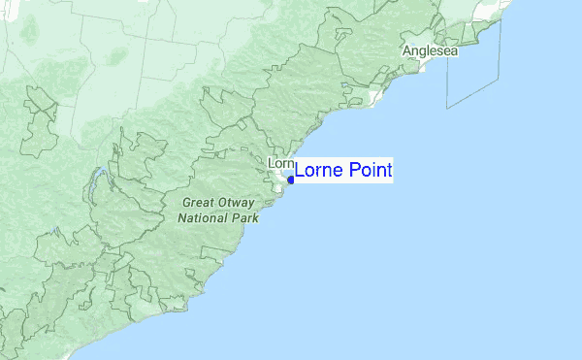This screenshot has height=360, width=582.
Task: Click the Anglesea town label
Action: (x=431, y=51)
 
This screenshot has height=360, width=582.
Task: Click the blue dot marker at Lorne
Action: (x=290, y=179)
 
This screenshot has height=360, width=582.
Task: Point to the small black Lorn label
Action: (x=279, y=163)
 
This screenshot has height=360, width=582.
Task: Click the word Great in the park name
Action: (x=199, y=203)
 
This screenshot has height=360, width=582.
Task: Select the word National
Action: (x=204, y=218)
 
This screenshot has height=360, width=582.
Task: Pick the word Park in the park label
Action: (x=244, y=218)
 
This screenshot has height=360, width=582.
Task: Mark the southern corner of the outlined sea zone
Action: (x=448, y=107)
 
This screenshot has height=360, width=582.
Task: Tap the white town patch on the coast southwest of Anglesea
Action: (x=374, y=97)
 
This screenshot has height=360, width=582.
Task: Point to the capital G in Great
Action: (x=185, y=203)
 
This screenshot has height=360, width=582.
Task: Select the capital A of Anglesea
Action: (x=408, y=51)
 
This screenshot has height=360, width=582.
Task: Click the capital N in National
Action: (x=181, y=218)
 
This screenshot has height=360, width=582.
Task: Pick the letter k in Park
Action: (x=256, y=218)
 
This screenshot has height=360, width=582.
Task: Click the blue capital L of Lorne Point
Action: (x=300, y=171)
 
